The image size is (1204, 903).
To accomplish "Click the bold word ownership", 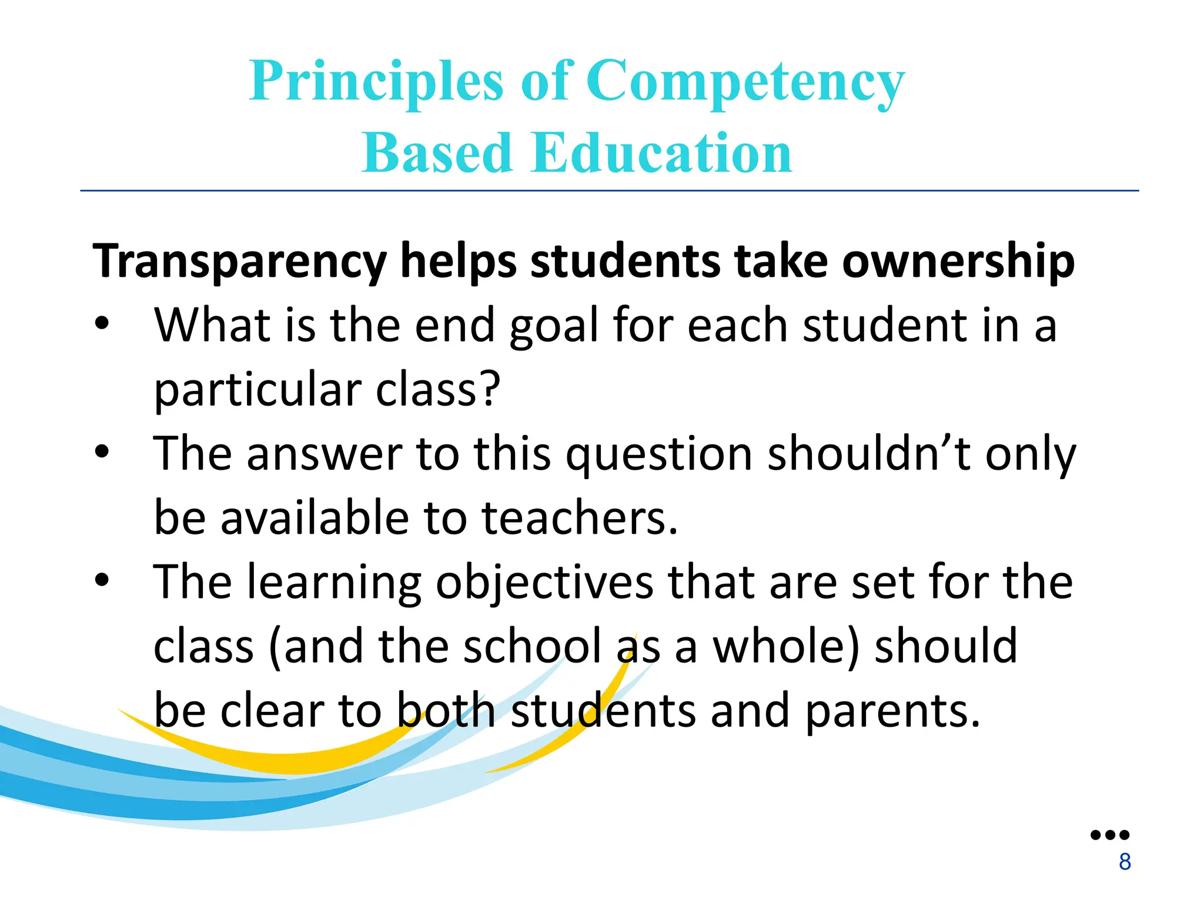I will (x=958, y=262).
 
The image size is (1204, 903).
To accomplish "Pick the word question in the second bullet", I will (x=659, y=456).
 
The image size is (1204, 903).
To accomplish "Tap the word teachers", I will (x=579, y=518).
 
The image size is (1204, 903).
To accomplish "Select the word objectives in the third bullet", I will (x=544, y=584).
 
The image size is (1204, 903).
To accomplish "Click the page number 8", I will (x=1125, y=862).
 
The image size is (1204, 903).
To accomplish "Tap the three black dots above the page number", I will (x=1110, y=835).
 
